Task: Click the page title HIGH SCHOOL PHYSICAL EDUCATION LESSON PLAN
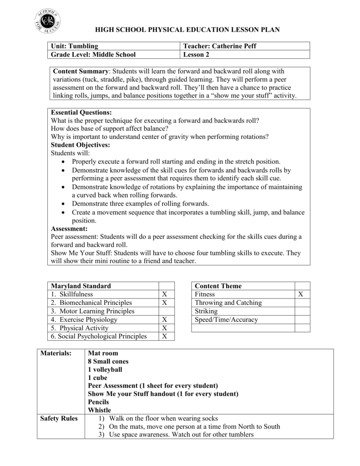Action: tap(187, 29)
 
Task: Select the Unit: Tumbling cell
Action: tap(75, 46)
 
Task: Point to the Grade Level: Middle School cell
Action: tap(93, 55)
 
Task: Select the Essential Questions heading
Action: tap(81, 112)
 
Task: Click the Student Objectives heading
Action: tap(80, 145)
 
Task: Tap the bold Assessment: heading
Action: tap(69, 228)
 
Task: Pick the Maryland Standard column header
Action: tap(81, 286)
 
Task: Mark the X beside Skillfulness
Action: tap(165, 294)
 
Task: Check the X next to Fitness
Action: tap(300, 294)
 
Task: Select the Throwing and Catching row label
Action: tap(228, 303)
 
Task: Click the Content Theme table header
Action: tap(218, 286)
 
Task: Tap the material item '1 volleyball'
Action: tap(105, 369)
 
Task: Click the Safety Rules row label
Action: tap(59, 418)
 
